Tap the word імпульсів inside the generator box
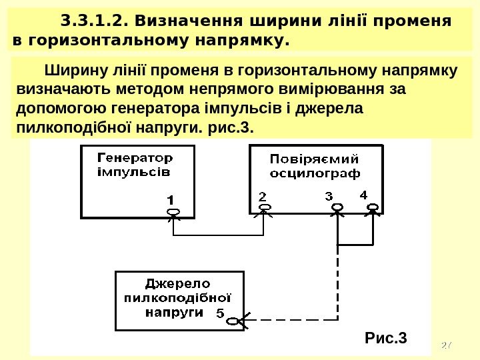click(133, 171)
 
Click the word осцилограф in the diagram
click(315, 173)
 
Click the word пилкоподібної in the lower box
click(177, 297)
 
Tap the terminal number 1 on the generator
click(171, 199)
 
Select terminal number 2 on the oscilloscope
click(262, 197)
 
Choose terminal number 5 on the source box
click(220, 312)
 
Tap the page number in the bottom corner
click(447, 345)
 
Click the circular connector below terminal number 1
click(173, 212)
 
